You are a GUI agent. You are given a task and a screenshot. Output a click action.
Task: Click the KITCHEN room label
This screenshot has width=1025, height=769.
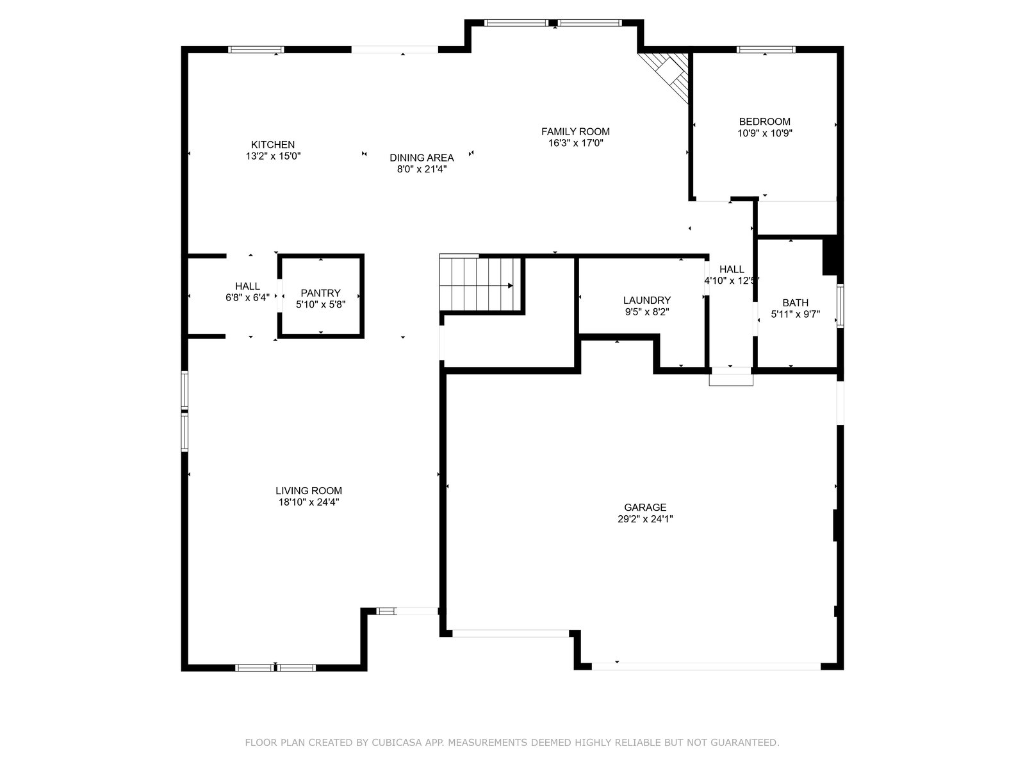click(x=273, y=145)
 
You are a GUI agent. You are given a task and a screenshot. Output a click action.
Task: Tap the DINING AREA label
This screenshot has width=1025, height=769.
click(x=422, y=158)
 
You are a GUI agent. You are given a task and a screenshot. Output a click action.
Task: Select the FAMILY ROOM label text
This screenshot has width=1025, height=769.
click(x=575, y=131)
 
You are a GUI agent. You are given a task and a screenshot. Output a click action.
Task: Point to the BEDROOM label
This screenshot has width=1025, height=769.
click(x=764, y=121)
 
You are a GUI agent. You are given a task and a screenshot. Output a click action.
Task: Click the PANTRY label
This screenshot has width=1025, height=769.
click(x=320, y=293)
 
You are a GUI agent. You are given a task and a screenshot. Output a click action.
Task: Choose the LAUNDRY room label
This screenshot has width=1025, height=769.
click(x=647, y=300)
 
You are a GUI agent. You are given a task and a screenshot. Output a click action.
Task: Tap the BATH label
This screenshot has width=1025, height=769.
click(x=795, y=302)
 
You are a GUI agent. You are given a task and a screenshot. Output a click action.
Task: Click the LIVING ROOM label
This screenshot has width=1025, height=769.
click(x=309, y=491)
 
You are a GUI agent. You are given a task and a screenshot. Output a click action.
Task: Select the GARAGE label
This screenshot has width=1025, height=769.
click(x=645, y=507)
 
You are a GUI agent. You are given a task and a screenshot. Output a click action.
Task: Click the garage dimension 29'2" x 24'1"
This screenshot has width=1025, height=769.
click(x=645, y=518)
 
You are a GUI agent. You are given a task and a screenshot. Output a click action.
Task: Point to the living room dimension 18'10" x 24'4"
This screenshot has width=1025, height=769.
click(x=309, y=502)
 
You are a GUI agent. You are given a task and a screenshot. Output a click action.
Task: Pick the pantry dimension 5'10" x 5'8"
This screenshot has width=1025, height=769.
click(x=320, y=304)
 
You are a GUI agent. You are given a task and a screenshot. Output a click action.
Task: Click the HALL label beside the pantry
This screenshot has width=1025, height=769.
click(x=247, y=286)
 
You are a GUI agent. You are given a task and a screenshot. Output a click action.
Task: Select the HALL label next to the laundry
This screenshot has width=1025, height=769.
click(x=732, y=269)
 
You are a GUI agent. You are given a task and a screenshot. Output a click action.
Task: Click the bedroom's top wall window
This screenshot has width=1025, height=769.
click(x=766, y=49)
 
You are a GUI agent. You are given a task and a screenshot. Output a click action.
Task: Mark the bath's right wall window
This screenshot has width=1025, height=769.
click(x=840, y=306)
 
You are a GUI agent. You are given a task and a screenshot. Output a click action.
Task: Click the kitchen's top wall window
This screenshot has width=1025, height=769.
click(x=256, y=49)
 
